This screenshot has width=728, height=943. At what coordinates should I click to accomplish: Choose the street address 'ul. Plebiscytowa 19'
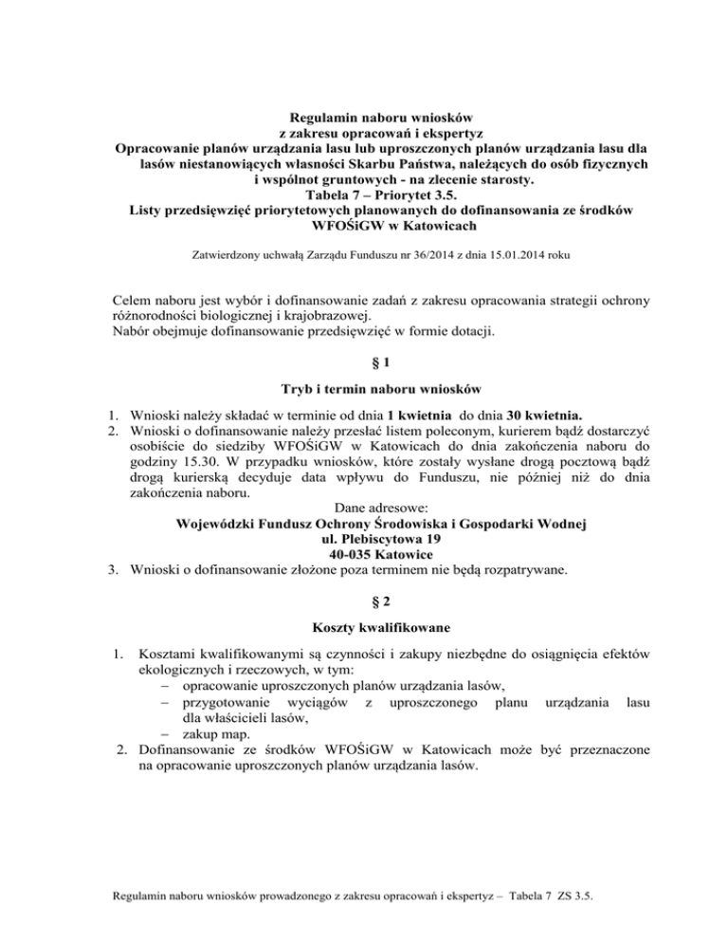(x=364, y=537)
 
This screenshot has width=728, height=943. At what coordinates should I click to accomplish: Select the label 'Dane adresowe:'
(x=364, y=505)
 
